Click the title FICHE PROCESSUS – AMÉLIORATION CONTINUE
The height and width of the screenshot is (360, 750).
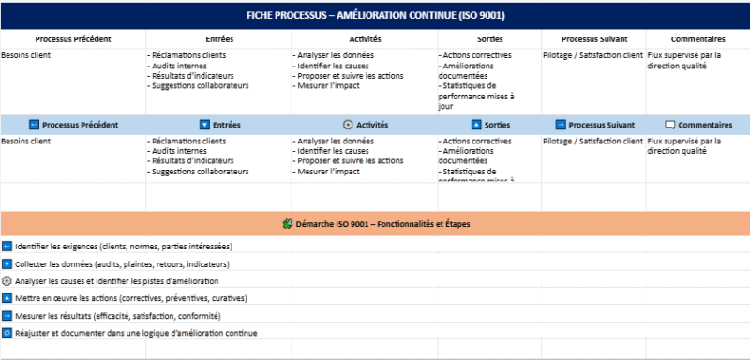click(375, 15)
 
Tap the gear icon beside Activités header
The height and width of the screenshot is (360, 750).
click(348, 125)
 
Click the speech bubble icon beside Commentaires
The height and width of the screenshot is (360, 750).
click(669, 125)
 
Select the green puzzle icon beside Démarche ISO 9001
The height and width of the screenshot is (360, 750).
click(287, 223)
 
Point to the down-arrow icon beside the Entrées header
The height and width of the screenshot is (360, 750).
click(204, 125)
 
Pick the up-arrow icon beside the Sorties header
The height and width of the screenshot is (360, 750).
click(475, 125)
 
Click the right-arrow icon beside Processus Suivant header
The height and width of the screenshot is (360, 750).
click(560, 125)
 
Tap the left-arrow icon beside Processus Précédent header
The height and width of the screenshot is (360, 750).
click(34, 125)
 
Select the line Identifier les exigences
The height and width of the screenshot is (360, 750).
click(124, 246)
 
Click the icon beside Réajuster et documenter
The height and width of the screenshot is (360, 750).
click(7, 333)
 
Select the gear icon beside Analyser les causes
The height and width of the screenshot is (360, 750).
click(7, 280)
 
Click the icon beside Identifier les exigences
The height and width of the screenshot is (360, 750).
click(7, 246)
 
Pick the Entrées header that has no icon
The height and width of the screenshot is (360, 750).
click(218, 39)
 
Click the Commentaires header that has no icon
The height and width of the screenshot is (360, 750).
click(698, 39)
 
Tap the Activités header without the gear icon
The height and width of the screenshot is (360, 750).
click(365, 39)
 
